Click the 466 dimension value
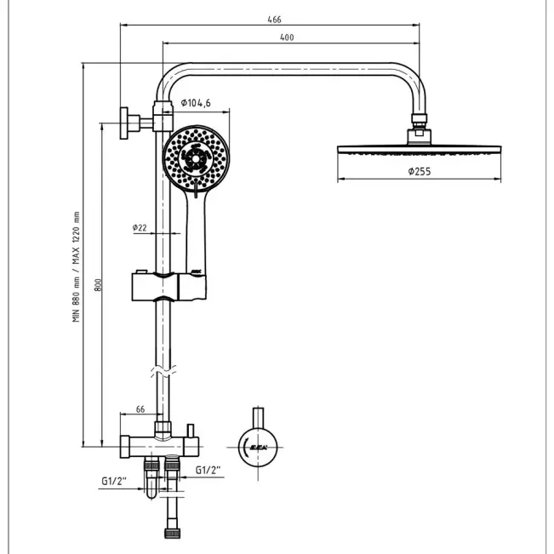click(x=273, y=19)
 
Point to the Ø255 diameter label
click(x=420, y=171)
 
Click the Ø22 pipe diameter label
click(x=140, y=227)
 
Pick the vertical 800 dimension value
click(x=99, y=287)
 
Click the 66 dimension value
click(x=140, y=409)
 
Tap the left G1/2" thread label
click(x=113, y=482)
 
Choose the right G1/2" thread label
click(x=209, y=469)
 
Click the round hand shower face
click(x=196, y=157)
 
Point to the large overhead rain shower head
click(x=418, y=148)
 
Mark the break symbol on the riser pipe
click(x=162, y=371)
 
